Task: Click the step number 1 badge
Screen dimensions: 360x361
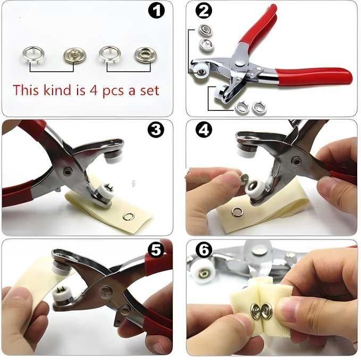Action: click(x=156, y=10)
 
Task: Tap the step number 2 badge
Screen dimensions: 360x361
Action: click(x=204, y=11)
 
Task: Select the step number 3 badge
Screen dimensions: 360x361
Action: click(x=156, y=130)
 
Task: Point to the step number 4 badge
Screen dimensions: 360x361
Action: click(x=204, y=130)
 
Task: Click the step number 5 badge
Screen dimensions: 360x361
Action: click(x=156, y=250)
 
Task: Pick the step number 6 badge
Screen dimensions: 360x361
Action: click(x=204, y=250)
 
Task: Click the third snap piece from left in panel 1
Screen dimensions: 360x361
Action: click(x=110, y=53)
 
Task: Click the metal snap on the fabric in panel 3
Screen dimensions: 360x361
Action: click(x=128, y=216)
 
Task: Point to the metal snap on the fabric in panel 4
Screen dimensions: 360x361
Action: click(x=237, y=212)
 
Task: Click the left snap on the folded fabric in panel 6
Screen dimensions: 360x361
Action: click(x=256, y=313)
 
